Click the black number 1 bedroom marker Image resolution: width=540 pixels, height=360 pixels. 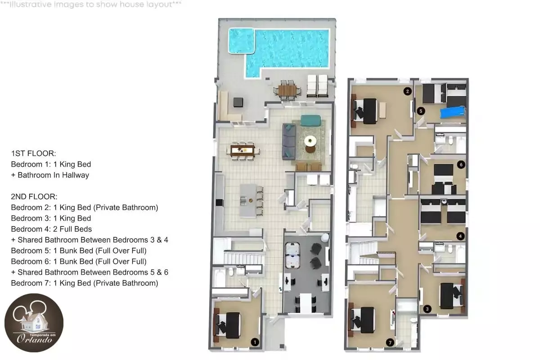[255, 342]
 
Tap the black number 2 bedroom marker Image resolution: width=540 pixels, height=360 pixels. [407, 91]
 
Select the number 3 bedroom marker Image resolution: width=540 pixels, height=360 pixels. [427, 309]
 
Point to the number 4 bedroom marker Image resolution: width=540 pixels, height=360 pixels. [460, 236]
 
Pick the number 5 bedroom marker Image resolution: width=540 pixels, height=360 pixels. [421, 111]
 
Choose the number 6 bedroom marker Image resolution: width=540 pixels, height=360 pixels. [461, 165]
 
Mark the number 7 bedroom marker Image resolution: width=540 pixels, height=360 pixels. [390, 342]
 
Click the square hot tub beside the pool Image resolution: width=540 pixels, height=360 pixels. [242, 40]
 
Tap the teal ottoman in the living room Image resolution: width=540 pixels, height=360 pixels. [311, 121]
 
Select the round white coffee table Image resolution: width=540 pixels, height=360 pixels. [310, 141]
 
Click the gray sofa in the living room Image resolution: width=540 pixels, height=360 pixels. [289, 142]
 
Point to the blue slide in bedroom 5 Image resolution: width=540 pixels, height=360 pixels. [453, 112]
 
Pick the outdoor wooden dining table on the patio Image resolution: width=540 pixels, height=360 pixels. [287, 90]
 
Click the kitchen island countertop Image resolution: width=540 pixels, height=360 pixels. [248, 201]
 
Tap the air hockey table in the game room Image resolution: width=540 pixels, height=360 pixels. [292, 255]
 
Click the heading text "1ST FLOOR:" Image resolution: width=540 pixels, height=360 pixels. [33, 153]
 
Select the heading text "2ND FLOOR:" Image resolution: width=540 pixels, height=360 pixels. [34, 197]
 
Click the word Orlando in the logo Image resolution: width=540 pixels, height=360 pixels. [35, 339]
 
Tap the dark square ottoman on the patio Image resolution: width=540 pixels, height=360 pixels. [238, 102]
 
